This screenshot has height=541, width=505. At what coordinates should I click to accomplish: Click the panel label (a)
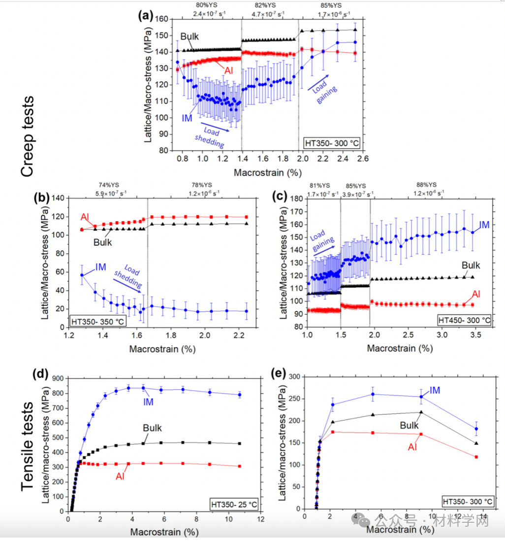click(146, 16)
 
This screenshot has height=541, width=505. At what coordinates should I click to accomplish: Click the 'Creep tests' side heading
click(28, 136)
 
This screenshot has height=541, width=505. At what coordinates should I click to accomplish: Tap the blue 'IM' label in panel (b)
click(101, 267)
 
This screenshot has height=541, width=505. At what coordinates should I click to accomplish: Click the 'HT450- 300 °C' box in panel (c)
click(464, 321)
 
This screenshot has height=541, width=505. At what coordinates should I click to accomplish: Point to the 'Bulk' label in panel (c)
click(471, 265)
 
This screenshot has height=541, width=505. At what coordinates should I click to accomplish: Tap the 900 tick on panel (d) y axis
click(57, 378)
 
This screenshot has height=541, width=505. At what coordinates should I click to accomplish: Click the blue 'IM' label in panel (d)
click(148, 402)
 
